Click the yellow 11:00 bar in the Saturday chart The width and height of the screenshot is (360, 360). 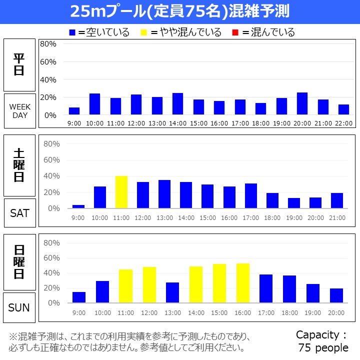pyautogui.click(x=121, y=192)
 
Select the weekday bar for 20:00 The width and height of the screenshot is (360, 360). pyautogui.click(x=302, y=104)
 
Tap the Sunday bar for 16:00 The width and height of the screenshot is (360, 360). pyautogui.click(x=242, y=283)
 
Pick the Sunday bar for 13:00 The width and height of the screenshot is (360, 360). pyautogui.click(x=172, y=292)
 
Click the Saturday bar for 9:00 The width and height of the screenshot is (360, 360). pyautogui.click(x=78, y=206)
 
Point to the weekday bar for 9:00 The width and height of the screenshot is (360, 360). pyautogui.click(x=74, y=111)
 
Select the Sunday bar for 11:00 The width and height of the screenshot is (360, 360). pyautogui.click(x=125, y=286)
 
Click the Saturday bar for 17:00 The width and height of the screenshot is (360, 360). pyautogui.click(x=251, y=195)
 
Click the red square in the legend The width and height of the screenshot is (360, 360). pyautogui.click(x=235, y=32)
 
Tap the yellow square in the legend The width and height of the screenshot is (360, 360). pyautogui.click(x=144, y=32)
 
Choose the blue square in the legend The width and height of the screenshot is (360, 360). pyautogui.click(x=72, y=32)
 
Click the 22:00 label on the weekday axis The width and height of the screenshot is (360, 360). pyautogui.click(x=343, y=123)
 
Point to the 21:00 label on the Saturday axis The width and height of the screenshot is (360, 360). pyautogui.click(x=337, y=218)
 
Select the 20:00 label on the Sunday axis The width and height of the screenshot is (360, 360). pyautogui.click(x=336, y=312)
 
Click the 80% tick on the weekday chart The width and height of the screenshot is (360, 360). pyautogui.click(x=48, y=44)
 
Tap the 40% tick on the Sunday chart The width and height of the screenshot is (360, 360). pyautogui.click(x=51, y=273)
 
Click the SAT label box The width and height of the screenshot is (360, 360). pyautogui.click(x=19, y=212)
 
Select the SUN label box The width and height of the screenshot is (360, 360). pyautogui.click(x=19, y=307)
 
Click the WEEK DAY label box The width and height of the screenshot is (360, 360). pyautogui.click(x=19, y=111)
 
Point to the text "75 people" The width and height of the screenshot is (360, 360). pyautogui.click(x=323, y=347)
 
